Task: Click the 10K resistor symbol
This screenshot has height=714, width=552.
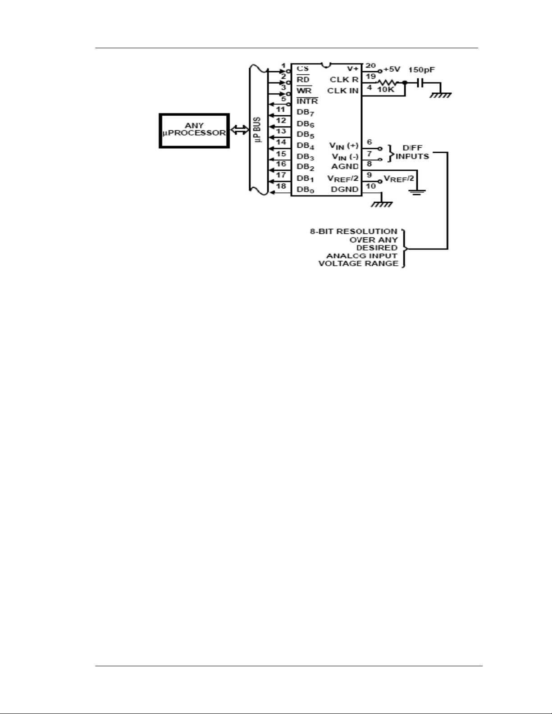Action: [x=388, y=83]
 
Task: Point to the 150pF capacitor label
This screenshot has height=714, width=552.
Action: [x=422, y=70]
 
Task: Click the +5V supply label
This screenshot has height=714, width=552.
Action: [x=392, y=69]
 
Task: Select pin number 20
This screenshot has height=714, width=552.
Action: [x=370, y=65]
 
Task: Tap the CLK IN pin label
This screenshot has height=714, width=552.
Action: [x=343, y=91]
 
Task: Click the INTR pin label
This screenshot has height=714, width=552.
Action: [x=307, y=101]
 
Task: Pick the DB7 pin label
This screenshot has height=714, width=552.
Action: [x=305, y=113]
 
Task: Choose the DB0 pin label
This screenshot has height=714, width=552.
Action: [x=305, y=190]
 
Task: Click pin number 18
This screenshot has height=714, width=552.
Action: [x=281, y=186]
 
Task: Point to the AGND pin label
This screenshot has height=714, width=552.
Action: [x=345, y=167]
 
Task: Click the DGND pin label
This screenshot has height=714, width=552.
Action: [x=344, y=190]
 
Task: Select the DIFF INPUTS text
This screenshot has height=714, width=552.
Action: [x=412, y=152]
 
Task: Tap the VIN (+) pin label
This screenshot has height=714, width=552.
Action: [x=344, y=146]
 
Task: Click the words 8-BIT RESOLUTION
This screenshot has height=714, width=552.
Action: [x=354, y=232]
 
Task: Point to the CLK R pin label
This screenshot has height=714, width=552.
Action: [x=344, y=80]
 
